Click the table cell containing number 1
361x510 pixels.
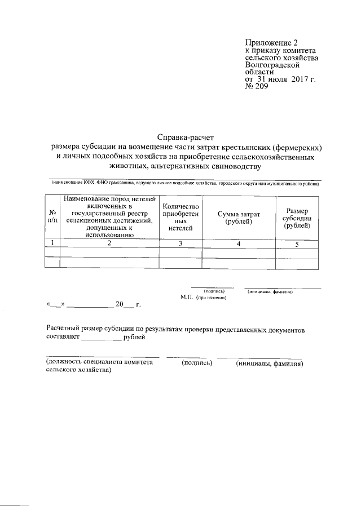52,243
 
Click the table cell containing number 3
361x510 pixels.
180,243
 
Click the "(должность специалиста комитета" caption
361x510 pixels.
99,363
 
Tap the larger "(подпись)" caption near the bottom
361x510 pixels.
197,363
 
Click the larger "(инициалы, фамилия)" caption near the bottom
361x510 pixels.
270,363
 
